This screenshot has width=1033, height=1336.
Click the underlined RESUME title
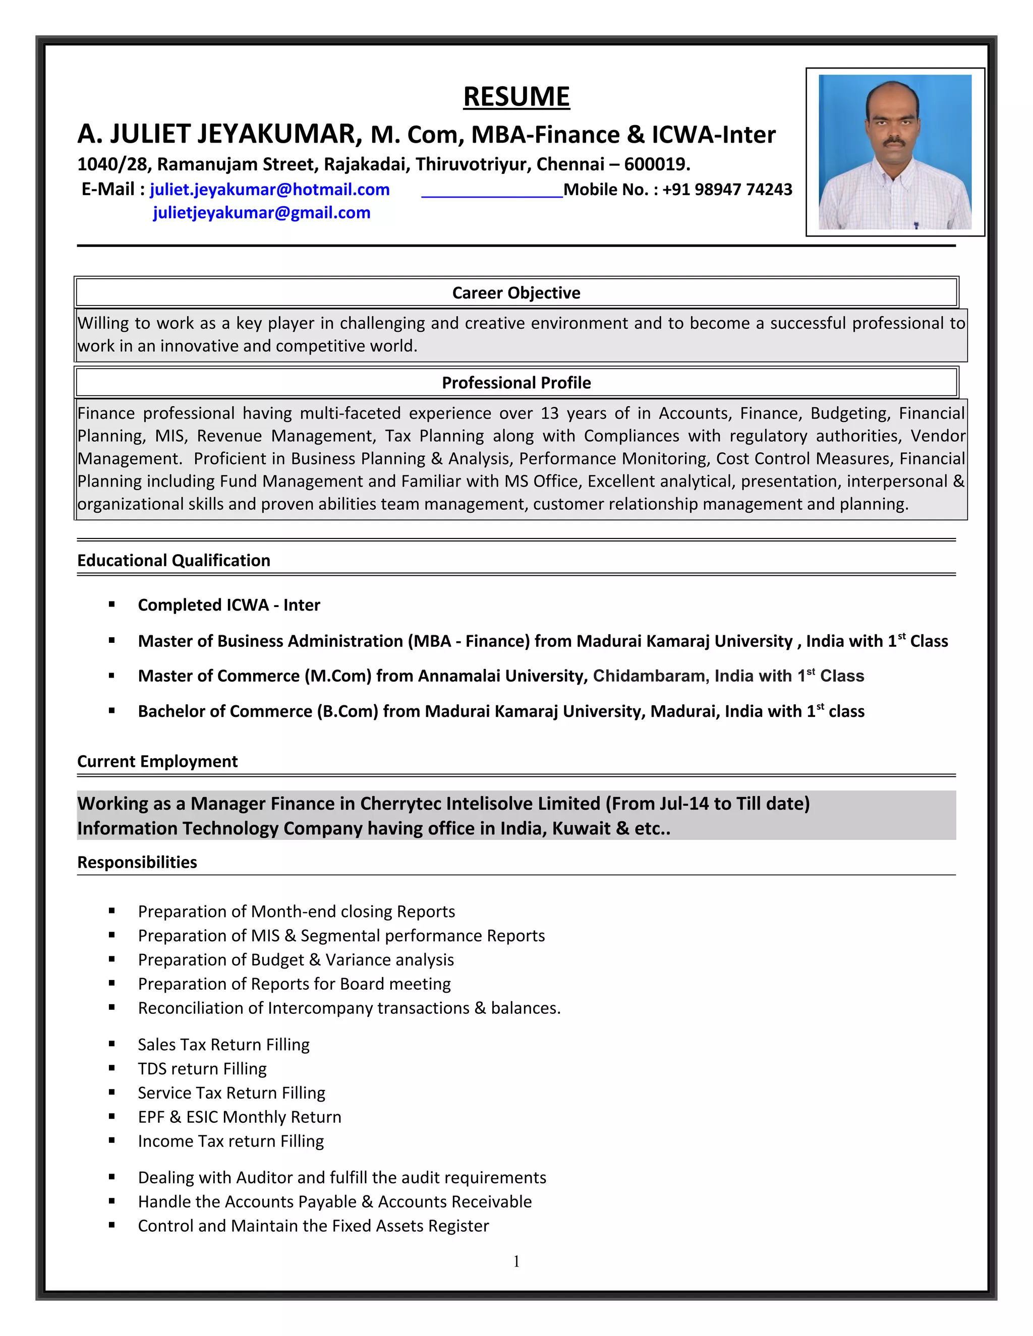[x=516, y=97]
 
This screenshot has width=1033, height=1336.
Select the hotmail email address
[x=269, y=190]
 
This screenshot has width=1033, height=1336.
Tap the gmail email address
[x=261, y=213]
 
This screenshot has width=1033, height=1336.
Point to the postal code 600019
[x=656, y=164]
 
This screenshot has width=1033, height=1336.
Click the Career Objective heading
[x=516, y=293]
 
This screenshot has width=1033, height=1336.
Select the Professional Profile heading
[x=516, y=383]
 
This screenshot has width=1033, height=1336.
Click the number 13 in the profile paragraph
[x=550, y=413]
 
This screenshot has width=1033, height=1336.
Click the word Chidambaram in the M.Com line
[x=649, y=676]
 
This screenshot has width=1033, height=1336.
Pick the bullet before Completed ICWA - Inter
[x=112, y=604]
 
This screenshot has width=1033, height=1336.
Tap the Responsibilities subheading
[x=137, y=862]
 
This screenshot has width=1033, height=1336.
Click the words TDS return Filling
[x=202, y=1069]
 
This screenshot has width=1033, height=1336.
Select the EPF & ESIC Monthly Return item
[x=239, y=1117]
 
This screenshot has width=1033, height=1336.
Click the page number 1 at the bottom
[x=516, y=1261]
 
